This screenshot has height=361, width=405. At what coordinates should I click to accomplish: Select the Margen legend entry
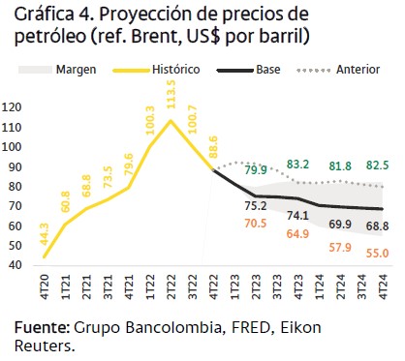[x=76, y=71]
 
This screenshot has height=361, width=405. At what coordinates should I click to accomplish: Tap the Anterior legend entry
[x=357, y=71]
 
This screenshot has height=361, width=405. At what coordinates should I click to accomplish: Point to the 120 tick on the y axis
[x=16, y=106]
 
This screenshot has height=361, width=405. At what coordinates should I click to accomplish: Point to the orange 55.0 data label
[x=379, y=254]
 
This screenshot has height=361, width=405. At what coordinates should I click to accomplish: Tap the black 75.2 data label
[x=256, y=206]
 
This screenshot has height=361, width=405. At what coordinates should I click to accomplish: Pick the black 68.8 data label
[x=379, y=226]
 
